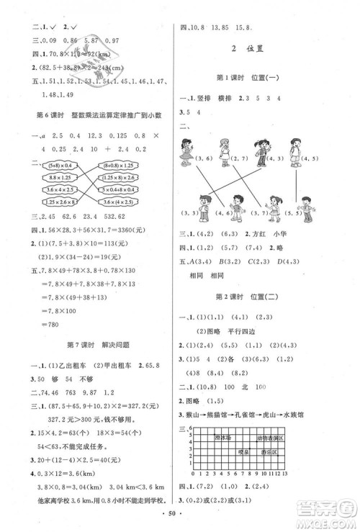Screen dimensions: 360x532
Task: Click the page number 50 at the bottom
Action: (176, 517)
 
